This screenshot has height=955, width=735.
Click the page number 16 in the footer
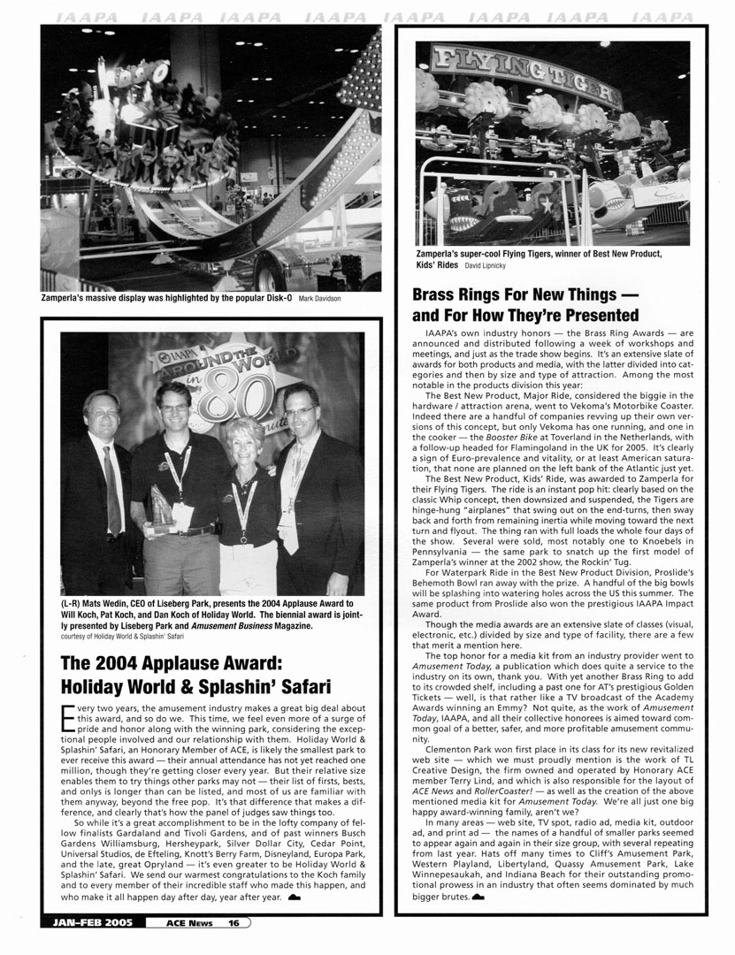[234, 923]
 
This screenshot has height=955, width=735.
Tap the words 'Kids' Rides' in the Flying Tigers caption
[434, 264]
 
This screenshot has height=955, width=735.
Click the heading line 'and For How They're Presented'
[525, 316]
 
